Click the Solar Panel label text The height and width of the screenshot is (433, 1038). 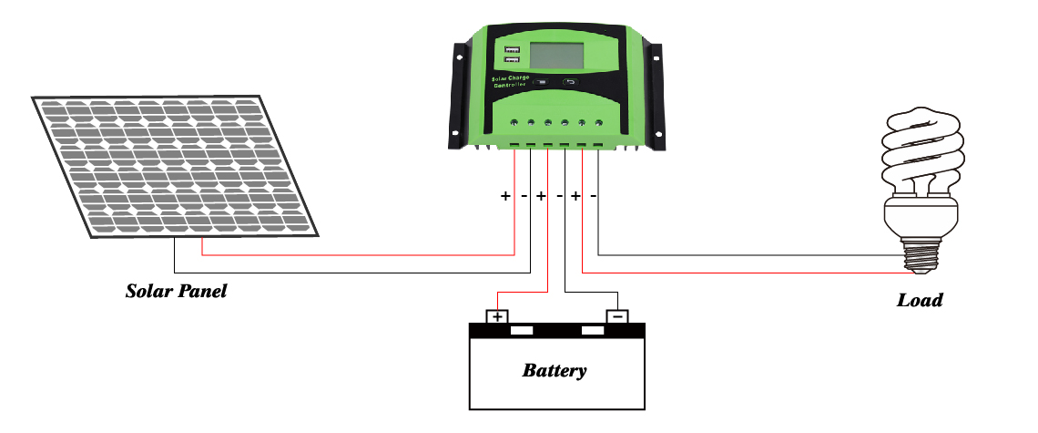(176, 293)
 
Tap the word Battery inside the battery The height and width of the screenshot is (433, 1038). (555, 371)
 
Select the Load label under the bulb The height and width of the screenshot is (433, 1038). (920, 300)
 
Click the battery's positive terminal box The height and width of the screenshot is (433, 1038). (496, 316)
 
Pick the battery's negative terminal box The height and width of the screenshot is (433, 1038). (617, 316)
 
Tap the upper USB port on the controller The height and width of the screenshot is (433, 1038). (509, 48)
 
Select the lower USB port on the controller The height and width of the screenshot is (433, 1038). (509, 62)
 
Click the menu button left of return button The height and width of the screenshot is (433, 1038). (541, 82)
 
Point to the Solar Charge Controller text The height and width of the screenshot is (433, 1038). (510, 82)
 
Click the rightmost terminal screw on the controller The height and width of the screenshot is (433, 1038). (598, 122)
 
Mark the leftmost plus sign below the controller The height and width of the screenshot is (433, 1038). (506, 196)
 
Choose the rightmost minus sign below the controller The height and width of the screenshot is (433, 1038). (594, 196)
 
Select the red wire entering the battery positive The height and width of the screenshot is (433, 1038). (521, 293)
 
